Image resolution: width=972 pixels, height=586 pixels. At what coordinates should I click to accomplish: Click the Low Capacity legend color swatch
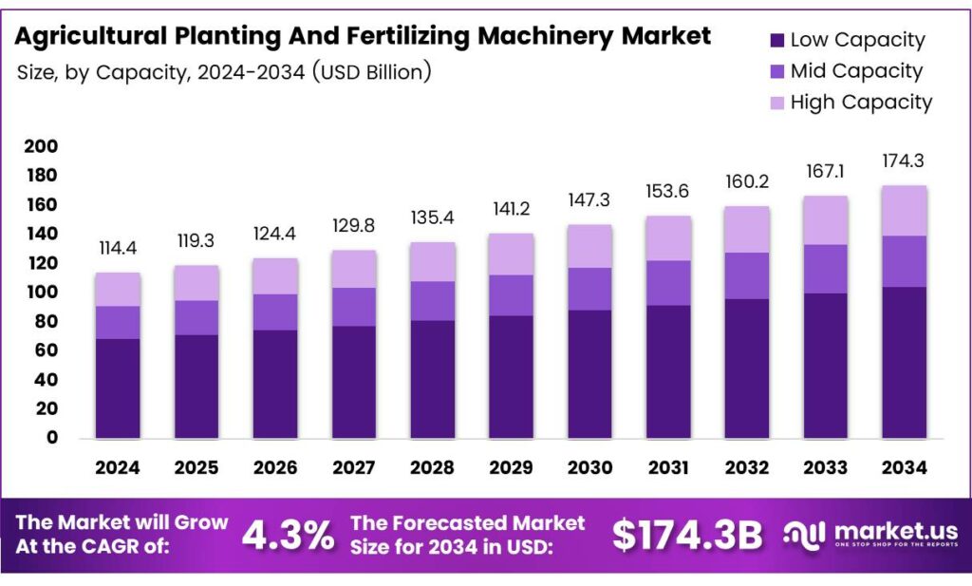[x=776, y=40]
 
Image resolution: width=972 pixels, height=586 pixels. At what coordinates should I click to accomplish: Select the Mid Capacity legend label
[x=855, y=71]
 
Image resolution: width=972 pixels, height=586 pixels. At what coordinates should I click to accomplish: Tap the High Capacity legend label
[x=861, y=103]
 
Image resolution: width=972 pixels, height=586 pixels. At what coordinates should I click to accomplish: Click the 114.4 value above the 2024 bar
[x=118, y=248]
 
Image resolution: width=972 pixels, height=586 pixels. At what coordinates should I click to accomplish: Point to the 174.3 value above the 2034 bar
[x=904, y=161]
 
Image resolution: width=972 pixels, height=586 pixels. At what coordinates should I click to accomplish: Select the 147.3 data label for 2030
[x=589, y=201]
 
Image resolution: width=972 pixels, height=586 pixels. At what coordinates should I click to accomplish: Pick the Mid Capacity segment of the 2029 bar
[x=511, y=295]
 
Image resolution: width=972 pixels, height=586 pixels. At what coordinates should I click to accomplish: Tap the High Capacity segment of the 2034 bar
[x=904, y=210]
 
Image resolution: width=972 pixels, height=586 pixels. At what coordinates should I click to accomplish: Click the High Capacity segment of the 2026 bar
[x=275, y=275]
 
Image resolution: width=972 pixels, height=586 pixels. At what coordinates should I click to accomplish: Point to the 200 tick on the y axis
[x=44, y=146]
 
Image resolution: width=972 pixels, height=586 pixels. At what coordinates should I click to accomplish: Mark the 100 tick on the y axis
[x=44, y=293]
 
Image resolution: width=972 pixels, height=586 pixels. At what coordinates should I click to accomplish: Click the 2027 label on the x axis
[x=353, y=468]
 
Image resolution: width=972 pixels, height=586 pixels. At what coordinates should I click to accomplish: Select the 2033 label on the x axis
[x=825, y=468]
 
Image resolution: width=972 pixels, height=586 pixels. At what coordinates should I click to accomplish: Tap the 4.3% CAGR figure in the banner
[x=288, y=536]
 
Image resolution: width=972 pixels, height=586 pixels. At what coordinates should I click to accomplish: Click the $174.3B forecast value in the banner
[x=686, y=536]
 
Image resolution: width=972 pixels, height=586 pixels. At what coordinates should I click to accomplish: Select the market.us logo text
[x=885, y=530]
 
